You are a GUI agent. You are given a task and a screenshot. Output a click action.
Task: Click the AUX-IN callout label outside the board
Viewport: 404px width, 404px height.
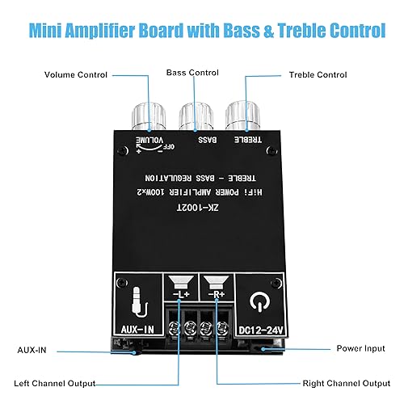pos(33,349)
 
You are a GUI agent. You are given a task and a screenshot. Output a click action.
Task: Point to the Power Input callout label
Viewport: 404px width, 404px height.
pos(360,349)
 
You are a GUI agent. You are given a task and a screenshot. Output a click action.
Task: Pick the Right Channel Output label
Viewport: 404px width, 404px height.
pos(338,382)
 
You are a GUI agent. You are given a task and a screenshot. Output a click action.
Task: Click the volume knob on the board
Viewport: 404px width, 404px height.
pos(153,119)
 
